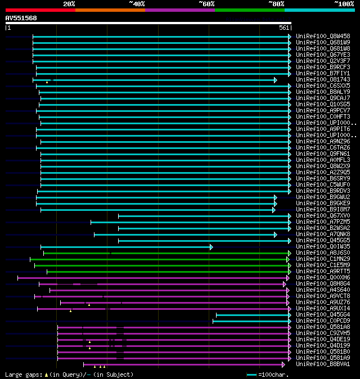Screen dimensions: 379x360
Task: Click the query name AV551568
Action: [x=21, y=18]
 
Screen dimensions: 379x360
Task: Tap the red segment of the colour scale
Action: [x=40, y=10]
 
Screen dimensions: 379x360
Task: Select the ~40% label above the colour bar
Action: [x=137, y=3]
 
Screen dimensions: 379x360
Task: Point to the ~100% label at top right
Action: [x=344, y=3]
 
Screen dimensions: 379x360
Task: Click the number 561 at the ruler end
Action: [x=284, y=28]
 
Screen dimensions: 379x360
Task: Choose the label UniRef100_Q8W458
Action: [x=322, y=37]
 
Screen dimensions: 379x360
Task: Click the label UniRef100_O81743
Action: [x=322, y=80]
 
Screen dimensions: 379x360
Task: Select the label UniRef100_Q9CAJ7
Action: [x=322, y=98]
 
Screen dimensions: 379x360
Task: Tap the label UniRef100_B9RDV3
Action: [x=322, y=191]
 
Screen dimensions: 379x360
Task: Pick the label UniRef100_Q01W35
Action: [x=322, y=247]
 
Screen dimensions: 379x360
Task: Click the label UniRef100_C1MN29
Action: [x=322, y=259]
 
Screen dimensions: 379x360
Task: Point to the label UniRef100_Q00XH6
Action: [x=322, y=278]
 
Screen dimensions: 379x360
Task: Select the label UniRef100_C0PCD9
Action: [x=322, y=321]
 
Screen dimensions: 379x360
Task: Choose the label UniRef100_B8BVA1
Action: [x=322, y=364]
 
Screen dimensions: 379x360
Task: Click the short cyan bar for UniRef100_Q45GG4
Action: [x=253, y=315]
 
